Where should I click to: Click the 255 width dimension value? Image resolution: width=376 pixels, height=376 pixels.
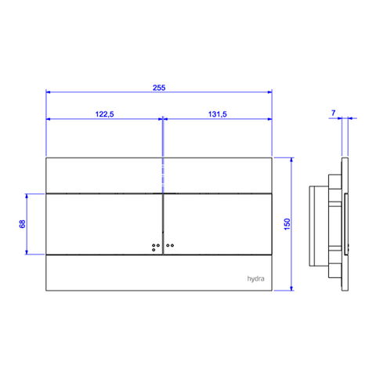[x=159, y=88]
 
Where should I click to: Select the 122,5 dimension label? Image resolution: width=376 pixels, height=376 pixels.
[x=104, y=114]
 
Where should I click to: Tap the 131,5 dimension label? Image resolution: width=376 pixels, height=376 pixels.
[x=218, y=114]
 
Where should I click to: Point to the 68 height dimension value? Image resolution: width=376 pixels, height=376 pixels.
[x=23, y=224]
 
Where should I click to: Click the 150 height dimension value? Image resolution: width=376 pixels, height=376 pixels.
[x=287, y=224]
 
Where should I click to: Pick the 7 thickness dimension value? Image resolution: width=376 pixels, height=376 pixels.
[x=333, y=113]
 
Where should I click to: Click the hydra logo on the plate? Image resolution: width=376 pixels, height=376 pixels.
[x=255, y=279]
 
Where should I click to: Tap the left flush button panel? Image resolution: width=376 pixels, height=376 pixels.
[x=104, y=224]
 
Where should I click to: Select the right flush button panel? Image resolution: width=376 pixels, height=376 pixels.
[x=218, y=224]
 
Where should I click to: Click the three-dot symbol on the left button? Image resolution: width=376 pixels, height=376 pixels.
[x=156, y=248]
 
